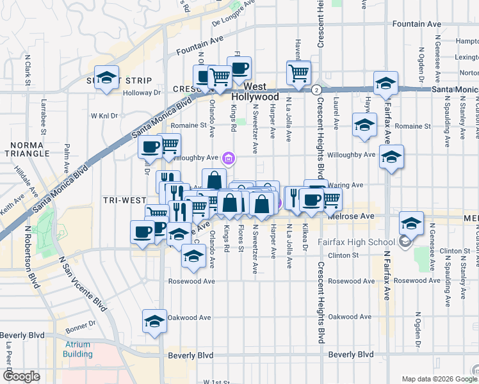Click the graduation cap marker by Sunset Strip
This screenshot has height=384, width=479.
107,78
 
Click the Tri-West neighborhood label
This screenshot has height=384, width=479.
124,200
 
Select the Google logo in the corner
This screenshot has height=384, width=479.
21,376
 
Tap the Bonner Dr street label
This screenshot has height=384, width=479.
80,331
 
